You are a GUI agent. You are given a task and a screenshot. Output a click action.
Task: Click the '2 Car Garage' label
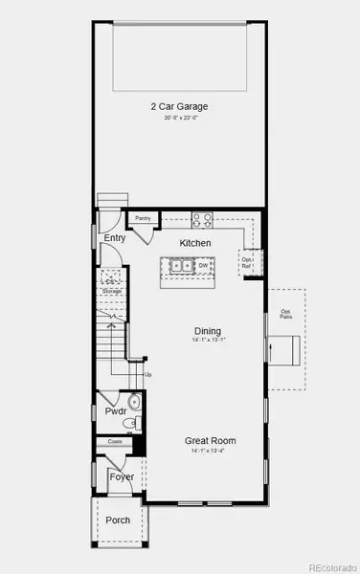pyautogui.click(x=178, y=106)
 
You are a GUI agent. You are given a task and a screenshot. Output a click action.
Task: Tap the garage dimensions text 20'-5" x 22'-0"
pyautogui.click(x=178, y=118)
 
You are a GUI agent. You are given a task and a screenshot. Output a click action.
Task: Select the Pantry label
pyautogui.click(x=143, y=219)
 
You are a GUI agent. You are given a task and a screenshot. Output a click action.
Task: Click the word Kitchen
pyautogui.click(x=195, y=243)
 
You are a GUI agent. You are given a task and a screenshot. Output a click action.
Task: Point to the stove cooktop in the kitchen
pyautogui.click(x=203, y=219)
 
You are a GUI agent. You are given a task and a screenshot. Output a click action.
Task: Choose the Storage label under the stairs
pyautogui.click(x=113, y=290)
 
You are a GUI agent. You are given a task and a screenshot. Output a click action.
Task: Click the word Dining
pyautogui.click(x=209, y=328)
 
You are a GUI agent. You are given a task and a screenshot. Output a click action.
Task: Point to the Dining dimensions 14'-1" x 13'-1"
pyautogui.click(x=209, y=339)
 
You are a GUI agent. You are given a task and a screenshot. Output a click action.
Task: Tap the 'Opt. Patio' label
pyautogui.click(x=285, y=313)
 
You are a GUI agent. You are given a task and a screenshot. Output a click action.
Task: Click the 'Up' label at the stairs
pyautogui.click(x=147, y=373)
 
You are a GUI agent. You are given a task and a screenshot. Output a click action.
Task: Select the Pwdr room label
pyautogui.click(x=115, y=410)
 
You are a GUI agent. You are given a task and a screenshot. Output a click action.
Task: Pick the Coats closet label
pyautogui.click(x=114, y=442)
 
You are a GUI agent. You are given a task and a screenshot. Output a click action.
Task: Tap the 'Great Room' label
pyautogui.click(x=210, y=440)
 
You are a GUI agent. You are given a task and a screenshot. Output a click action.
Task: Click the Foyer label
pyautogui.click(x=121, y=476)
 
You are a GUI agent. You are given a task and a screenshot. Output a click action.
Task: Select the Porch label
pyautogui.click(x=118, y=521)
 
